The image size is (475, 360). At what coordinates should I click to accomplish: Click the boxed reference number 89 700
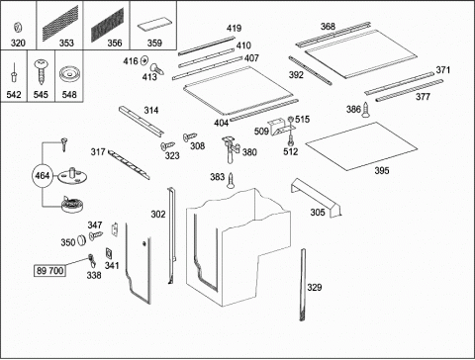[49, 271]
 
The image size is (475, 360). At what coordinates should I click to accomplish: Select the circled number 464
[43, 175]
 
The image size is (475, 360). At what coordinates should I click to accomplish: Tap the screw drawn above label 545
[41, 72]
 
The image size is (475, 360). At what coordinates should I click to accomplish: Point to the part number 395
[382, 170]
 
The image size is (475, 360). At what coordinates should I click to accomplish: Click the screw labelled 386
[365, 110]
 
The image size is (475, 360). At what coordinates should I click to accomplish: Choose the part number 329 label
[315, 287]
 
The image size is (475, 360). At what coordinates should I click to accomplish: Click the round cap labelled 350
[81, 240]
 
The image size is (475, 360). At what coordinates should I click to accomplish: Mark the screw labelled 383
[231, 180]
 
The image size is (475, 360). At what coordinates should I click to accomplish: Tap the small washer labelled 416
[144, 60]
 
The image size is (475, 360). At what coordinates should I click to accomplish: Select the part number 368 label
[328, 27]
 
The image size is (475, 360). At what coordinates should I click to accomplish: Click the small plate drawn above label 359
[154, 26]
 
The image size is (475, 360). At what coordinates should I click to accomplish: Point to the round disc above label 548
[69, 74]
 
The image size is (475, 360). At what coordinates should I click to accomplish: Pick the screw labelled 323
[167, 145]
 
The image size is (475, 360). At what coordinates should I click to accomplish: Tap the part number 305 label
[318, 213]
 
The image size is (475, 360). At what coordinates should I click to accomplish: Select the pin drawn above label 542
[14, 72]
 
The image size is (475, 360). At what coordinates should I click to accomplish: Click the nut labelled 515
[291, 120]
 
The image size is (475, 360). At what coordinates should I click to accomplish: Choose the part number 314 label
[151, 110]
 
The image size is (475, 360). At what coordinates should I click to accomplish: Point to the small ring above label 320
[18, 28]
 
